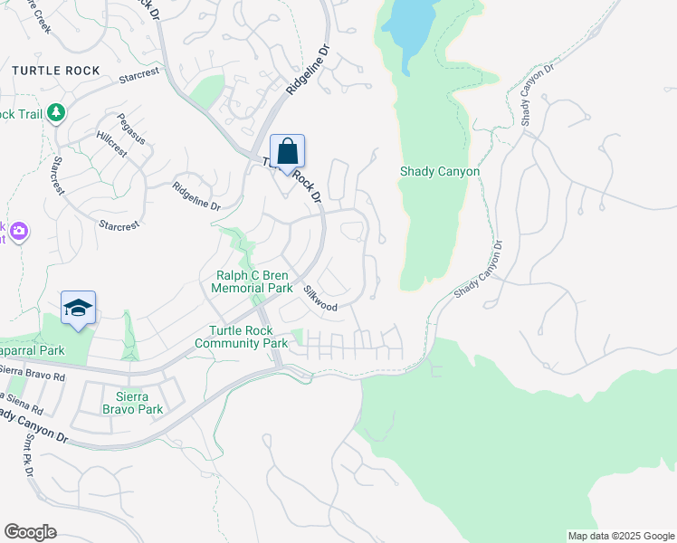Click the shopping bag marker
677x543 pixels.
click(x=287, y=151)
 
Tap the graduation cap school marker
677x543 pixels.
click(x=79, y=310)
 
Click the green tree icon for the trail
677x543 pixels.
click(x=58, y=112)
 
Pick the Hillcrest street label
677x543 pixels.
click(x=112, y=148)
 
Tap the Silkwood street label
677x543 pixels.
click(x=320, y=300)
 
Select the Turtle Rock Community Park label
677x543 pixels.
click(x=241, y=337)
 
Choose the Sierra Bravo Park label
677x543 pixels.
click(x=139, y=403)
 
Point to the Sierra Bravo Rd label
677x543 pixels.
click(x=33, y=372)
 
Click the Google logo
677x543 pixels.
click(x=30, y=531)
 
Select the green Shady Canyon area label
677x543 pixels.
click(x=440, y=171)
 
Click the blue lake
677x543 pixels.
click(x=412, y=27)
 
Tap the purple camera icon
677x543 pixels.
click(x=18, y=233)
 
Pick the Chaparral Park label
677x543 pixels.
click(x=33, y=350)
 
